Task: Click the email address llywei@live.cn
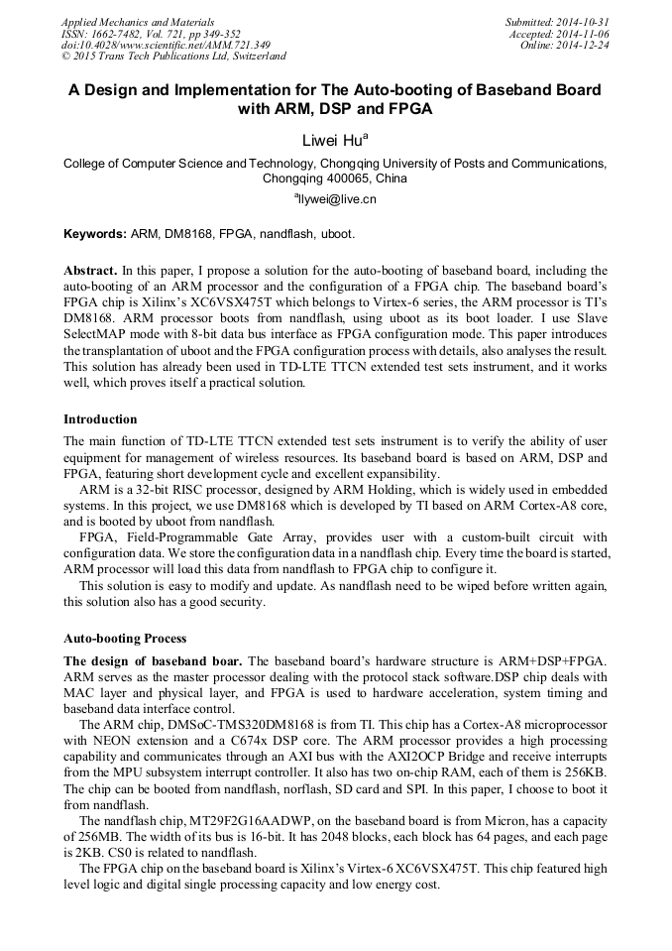click(337, 199)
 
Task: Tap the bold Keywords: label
click(95, 235)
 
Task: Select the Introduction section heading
click(100, 419)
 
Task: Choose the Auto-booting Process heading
click(125, 638)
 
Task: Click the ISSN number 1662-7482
click(117, 34)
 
